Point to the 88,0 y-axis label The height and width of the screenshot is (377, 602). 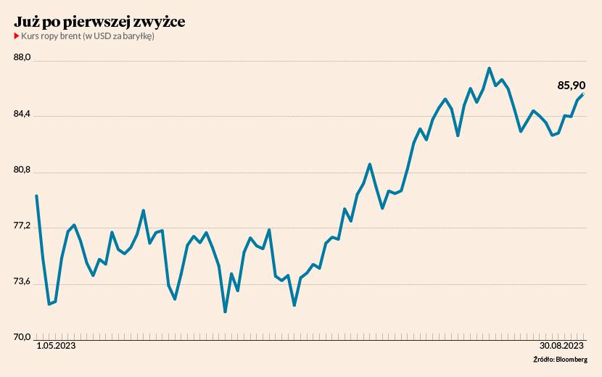tap(25, 59)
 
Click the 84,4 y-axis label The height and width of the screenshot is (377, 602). tap(25, 115)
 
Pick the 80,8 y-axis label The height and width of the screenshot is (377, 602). tap(25, 170)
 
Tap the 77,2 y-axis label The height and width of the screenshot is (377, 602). tap(25, 226)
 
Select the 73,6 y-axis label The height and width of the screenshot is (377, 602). tap(25, 281)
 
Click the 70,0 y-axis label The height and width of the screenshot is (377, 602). tap(25, 337)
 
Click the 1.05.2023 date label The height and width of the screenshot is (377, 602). tap(56, 347)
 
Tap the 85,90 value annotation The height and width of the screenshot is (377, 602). tap(571, 86)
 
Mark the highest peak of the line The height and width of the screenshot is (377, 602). tap(490, 68)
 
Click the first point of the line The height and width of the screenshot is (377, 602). tap(36, 196)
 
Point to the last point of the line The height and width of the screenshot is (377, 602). tap(584, 94)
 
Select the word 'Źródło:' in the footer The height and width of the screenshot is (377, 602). tap(543, 360)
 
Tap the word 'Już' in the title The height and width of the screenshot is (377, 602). tap(25, 22)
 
